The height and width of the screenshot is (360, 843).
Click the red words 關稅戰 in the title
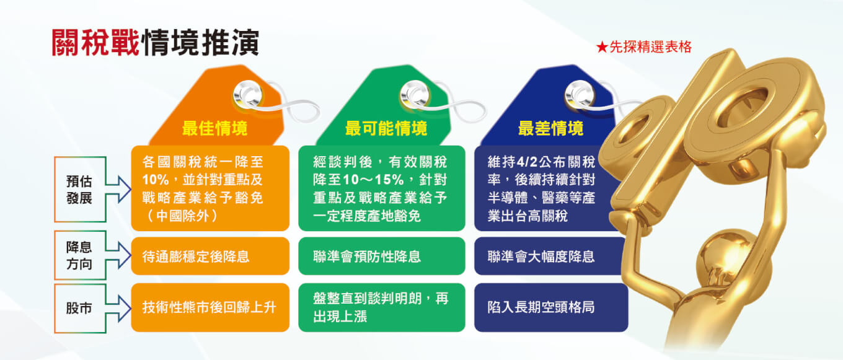click(95, 43)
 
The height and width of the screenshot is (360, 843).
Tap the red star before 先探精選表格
click(602, 47)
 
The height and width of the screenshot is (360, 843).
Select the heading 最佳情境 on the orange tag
click(214, 128)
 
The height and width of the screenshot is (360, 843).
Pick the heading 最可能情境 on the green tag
click(386, 128)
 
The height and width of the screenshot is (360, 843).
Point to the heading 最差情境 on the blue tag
click(550, 128)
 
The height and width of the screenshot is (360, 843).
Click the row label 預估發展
click(79, 190)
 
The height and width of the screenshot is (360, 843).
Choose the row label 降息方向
click(79, 255)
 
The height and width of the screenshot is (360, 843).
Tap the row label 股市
click(79, 308)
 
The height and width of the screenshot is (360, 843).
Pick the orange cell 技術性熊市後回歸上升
click(210, 307)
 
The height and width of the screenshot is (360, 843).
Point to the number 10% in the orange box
click(156, 180)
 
